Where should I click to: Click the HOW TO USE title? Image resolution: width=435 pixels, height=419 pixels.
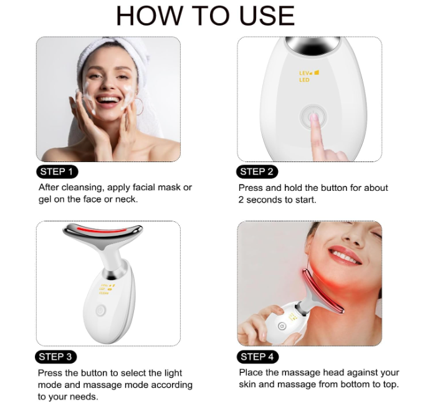click(205, 16)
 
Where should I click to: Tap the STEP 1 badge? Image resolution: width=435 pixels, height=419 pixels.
click(57, 171)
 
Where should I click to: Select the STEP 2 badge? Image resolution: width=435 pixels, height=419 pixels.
click(257, 171)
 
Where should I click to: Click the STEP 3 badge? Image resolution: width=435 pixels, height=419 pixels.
click(57, 357)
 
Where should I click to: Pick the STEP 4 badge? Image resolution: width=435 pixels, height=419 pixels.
click(257, 357)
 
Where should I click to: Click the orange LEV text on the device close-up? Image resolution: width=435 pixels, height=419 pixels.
click(305, 73)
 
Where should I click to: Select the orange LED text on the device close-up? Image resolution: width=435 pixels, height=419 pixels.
click(304, 80)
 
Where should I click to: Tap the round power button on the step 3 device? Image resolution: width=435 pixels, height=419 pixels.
click(100, 310)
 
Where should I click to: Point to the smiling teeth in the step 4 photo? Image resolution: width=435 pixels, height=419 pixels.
click(345, 254)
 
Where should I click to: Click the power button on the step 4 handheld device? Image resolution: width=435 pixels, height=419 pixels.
click(282, 326)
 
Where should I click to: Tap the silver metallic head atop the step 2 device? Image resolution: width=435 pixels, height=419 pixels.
click(309, 44)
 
